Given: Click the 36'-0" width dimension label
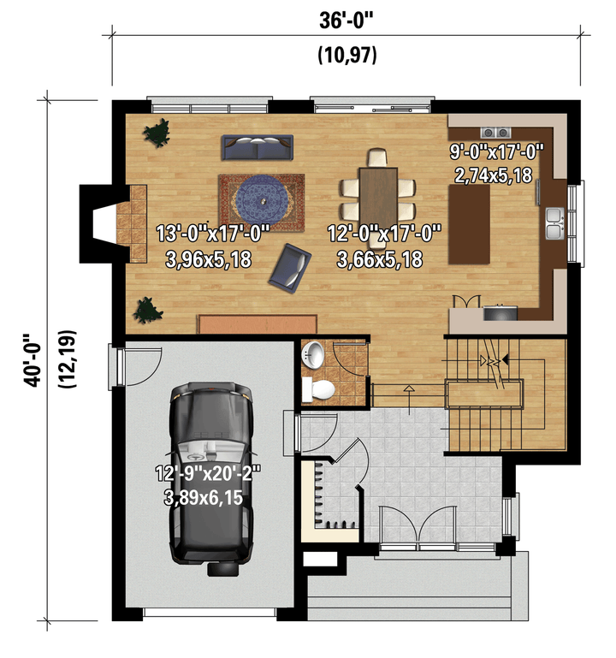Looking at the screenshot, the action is pos(346,21).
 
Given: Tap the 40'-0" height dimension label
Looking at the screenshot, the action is pos(33,359).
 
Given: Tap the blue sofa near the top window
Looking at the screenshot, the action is pos(257,147).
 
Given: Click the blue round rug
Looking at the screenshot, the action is pos(262,201).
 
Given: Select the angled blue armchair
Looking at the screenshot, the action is pos(289,268).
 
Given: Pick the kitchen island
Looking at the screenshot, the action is pos(469,224).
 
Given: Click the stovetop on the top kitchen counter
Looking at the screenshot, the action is pos(495,133).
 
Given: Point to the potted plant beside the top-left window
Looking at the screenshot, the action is pos(157,133).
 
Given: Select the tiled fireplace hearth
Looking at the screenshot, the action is pos(132,224).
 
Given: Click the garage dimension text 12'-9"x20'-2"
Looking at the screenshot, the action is pos(208,473).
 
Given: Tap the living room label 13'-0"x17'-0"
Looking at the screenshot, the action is pos(212,233).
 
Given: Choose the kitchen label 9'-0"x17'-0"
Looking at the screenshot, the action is pos(496,151).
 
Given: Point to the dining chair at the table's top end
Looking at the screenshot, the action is pos(377,158).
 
